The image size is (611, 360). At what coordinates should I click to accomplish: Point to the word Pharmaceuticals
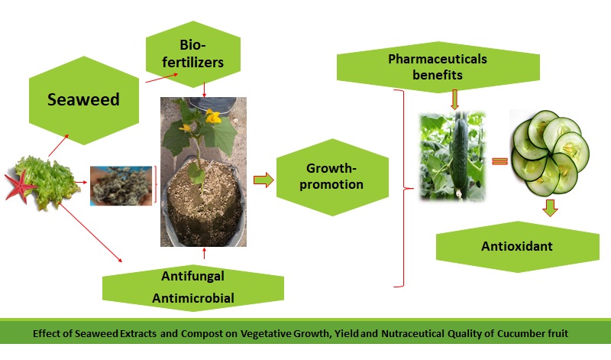click(x=437, y=58)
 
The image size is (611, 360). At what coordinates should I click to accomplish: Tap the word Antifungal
click(x=192, y=275)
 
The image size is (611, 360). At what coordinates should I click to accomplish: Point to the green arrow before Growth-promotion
click(x=263, y=180)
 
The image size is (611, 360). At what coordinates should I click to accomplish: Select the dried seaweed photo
click(x=121, y=186)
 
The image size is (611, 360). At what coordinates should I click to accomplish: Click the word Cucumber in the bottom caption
click(x=522, y=335)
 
